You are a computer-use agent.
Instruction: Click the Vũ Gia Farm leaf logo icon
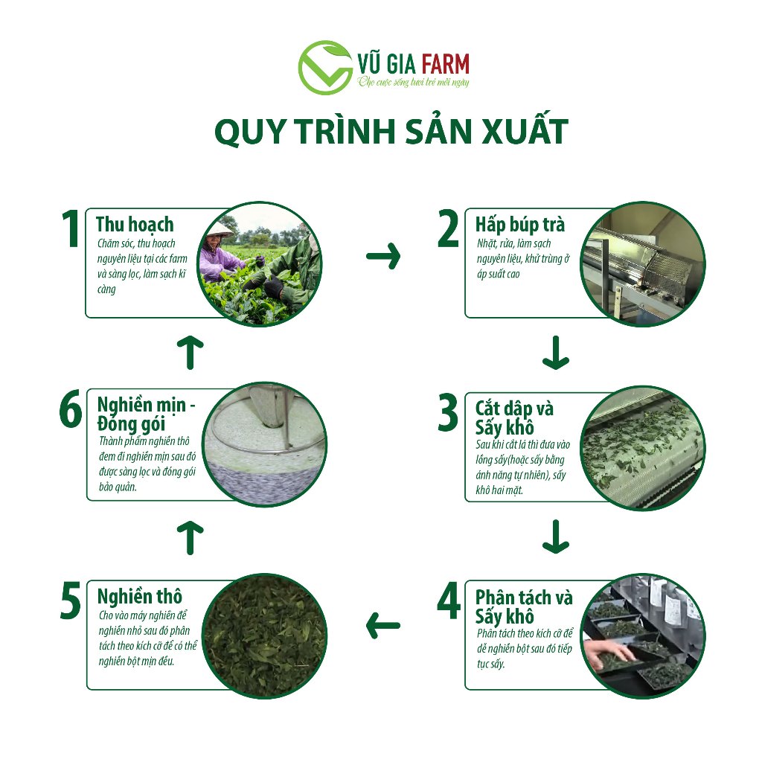pos(325,68)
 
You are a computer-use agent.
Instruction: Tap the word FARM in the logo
pos(445,64)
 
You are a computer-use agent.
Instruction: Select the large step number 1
pos(71,228)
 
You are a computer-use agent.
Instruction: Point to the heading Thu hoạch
pos(135,224)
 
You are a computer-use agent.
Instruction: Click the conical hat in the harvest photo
pos(220,229)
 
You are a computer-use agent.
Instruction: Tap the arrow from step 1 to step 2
pos(383,256)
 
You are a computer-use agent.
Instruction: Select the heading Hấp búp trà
pos(520,225)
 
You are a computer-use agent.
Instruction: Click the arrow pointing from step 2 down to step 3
pos(555,352)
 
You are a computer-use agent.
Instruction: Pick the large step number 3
pos(448,412)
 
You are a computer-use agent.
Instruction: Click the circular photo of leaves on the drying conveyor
pos(643,447)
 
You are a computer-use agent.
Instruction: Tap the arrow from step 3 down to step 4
pos(555,537)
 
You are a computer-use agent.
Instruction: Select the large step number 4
pos(449,601)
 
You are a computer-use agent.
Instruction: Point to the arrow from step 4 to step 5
pos(383,625)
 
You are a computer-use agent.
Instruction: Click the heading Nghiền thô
pos(140,596)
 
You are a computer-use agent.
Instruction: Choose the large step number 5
pos(71,601)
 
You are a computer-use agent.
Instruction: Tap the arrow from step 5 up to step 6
pos(190,537)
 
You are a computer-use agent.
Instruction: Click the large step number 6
pos(71,410)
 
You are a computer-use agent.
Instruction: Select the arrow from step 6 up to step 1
pos(190,352)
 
